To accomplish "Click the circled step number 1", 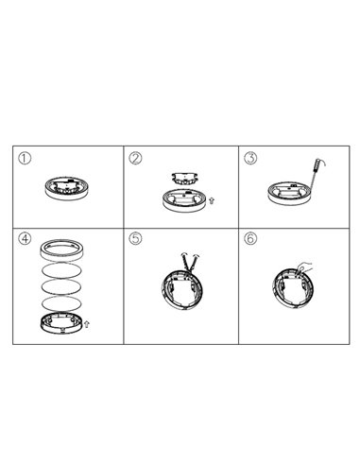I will coord(26,158).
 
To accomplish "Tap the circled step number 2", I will coord(136,158).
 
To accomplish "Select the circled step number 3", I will coord(249,158).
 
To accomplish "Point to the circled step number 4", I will coord(26,238).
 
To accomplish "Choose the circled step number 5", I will coord(136,238).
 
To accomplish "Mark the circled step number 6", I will coord(249,238).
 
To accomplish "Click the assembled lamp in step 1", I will coord(67,186).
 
